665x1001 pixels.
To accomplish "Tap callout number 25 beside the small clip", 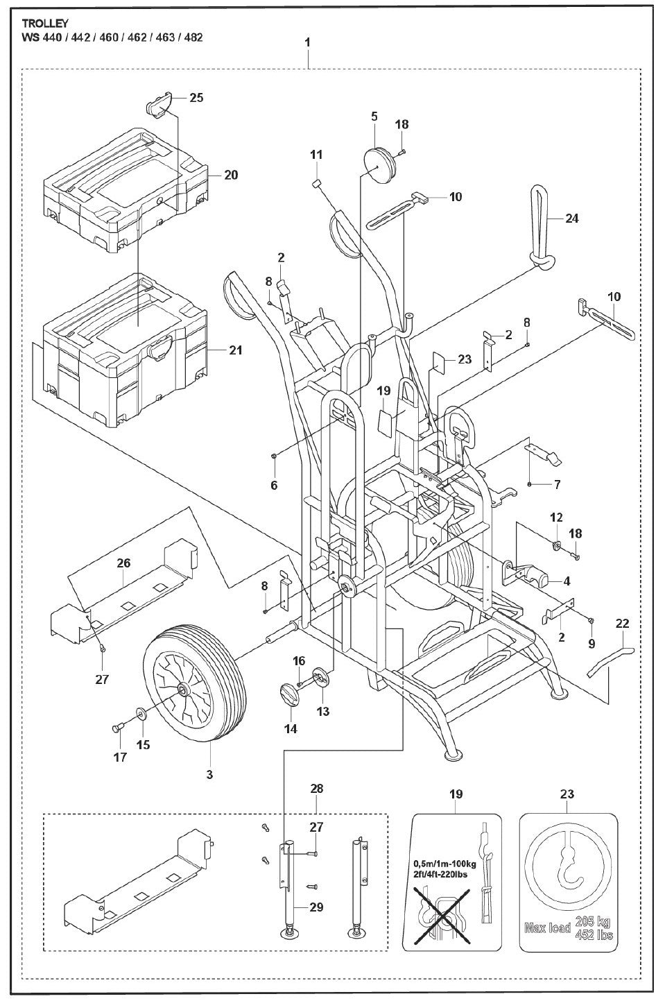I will [x=196, y=98].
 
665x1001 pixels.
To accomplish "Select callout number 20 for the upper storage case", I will [x=231, y=175].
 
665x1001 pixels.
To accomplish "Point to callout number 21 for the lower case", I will [x=236, y=351].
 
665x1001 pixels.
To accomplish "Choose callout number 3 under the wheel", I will [x=209, y=773].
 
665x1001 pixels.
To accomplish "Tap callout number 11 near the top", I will [x=316, y=153].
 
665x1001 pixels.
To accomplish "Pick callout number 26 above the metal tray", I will [x=123, y=563].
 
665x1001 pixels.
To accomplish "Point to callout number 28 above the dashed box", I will [x=317, y=789].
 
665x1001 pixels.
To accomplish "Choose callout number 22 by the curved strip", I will [x=621, y=624].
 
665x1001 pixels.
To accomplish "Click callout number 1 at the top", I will [x=306, y=42].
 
